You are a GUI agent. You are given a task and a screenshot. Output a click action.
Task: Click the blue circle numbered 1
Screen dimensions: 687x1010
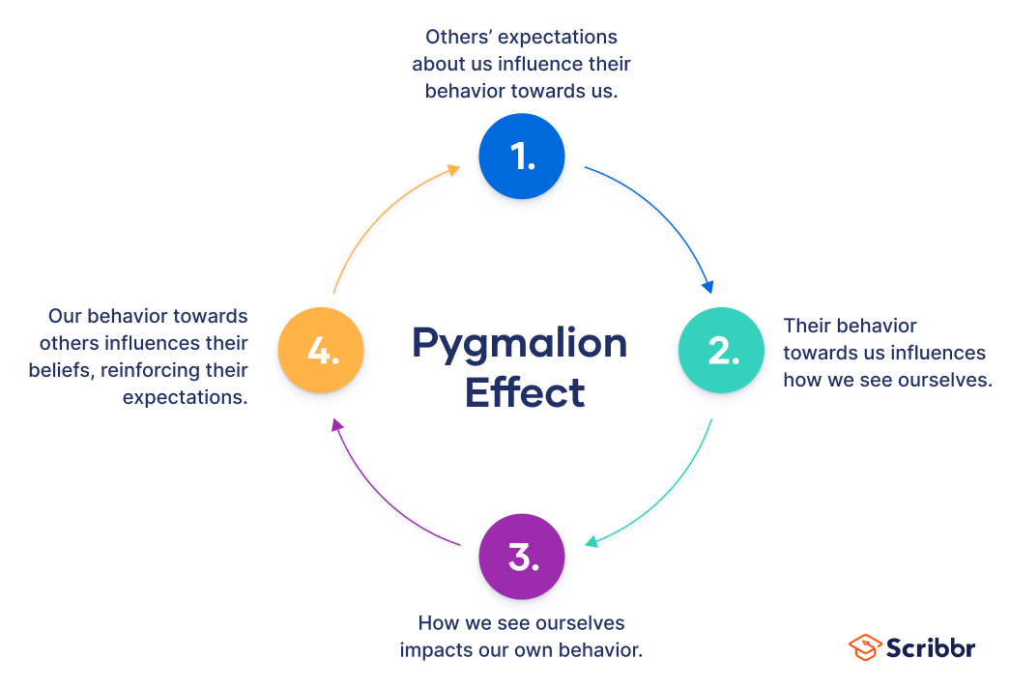[x=522, y=157]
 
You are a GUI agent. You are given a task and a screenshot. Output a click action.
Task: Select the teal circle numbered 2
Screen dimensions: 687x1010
[x=721, y=350]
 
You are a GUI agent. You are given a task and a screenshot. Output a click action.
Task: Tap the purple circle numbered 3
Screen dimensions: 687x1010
[x=522, y=557]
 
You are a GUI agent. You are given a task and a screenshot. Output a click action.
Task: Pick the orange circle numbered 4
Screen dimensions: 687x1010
[x=321, y=350]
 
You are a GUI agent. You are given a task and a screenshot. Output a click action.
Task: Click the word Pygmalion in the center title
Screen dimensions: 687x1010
[x=519, y=344]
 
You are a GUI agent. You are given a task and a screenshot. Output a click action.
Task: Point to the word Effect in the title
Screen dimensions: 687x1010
[x=524, y=393]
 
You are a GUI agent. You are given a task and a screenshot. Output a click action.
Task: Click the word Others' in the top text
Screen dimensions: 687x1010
[x=457, y=38]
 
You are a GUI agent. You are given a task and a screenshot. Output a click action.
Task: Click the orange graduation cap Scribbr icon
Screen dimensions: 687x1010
[x=864, y=647]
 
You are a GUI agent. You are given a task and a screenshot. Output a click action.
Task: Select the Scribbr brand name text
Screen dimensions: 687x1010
[x=931, y=648]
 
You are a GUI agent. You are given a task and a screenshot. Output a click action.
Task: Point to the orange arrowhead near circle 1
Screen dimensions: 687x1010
[x=453, y=169]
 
